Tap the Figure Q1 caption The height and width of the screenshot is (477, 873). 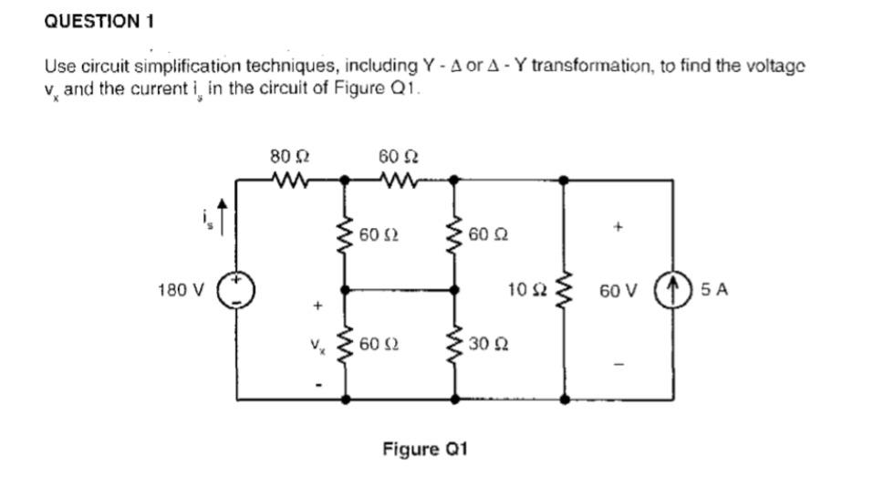point(425,449)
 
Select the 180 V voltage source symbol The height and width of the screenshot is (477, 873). point(237,290)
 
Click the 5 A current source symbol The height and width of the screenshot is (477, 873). point(672,290)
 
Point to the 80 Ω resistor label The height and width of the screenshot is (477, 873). point(286,156)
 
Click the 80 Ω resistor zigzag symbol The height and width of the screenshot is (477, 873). point(291,180)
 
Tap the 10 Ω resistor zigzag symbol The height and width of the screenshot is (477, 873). point(565,290)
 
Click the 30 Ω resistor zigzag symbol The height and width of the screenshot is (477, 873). point(455,344)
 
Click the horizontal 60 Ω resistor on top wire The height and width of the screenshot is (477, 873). point(399,180)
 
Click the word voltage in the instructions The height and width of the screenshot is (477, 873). point(777,67)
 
